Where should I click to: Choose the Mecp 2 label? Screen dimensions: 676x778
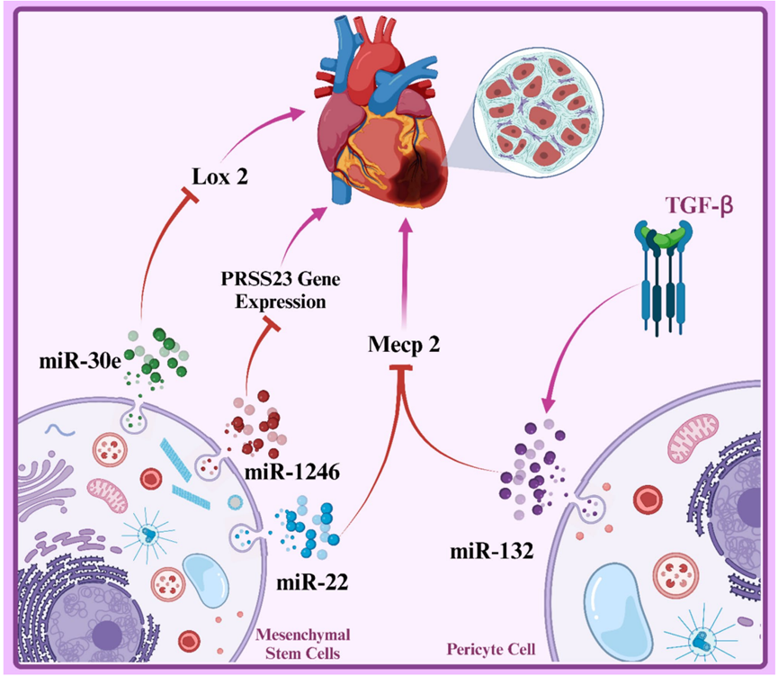pyautogui.click(x=404, y=343)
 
